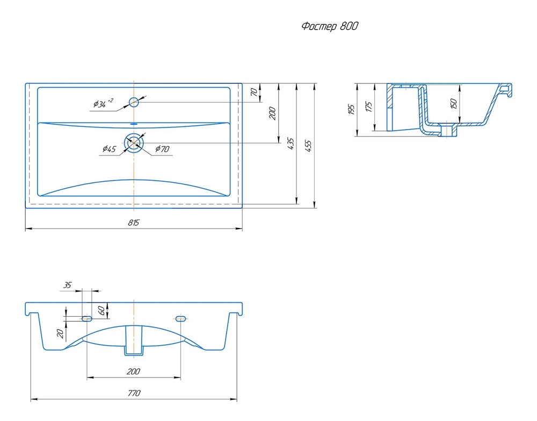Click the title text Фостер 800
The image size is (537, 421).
click(x=330, y=26)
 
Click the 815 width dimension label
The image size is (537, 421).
click(x=134, y=223)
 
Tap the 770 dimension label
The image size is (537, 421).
click(x=134, y=393)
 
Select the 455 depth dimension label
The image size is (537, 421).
click(x=308, y=146)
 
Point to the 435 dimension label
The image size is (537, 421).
click(x=291, y=144)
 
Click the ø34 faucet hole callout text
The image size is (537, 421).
click(x=103, y=103)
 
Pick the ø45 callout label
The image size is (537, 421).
click(x=109, y=149)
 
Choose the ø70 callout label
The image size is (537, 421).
click(x=162, y=149)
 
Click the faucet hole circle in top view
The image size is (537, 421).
click(x=134, y=102)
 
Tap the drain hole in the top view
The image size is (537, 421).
click(x=134, y=142)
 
